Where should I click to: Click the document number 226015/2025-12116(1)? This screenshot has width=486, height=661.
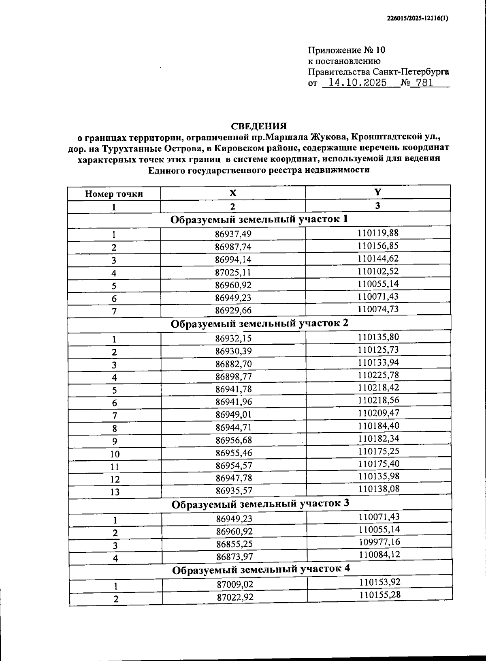(x=418, y=18)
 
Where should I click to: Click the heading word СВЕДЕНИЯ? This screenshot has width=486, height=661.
(x=259, y=126)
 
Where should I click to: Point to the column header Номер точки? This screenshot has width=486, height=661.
(x=114, y=194)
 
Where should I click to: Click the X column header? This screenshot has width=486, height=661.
(x=233, y=193)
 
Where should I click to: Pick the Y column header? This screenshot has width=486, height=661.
(x=377, y=192)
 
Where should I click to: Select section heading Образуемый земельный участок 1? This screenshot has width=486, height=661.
(x=259, y=220)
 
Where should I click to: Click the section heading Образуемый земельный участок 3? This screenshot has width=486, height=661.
(x=260, y=504)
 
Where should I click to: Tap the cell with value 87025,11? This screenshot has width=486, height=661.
(x=233, y=273)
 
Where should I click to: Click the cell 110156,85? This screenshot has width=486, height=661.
(x=378, y=246)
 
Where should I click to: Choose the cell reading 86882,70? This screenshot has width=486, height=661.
(x=234, y=364)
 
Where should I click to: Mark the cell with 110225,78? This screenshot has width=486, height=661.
(x=378, y=375)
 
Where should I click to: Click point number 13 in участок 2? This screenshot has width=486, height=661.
(x=115, y=492)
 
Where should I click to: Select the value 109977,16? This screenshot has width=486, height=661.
(x=379, y=542)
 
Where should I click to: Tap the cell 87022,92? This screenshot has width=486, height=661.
(x=235, y=597)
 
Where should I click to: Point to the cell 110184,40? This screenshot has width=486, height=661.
(x=379, y=426)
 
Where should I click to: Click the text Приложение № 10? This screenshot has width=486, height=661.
(x=347, y=50)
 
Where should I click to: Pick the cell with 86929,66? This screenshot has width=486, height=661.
(x=233, y=311)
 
